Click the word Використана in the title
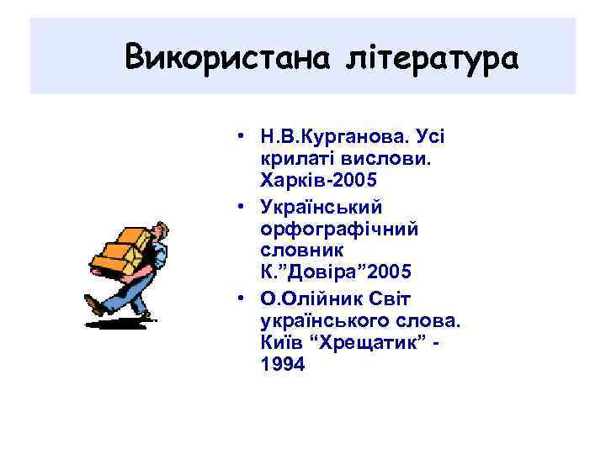pos(224,58)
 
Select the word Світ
pos(377,298)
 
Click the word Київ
pos(280,343)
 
